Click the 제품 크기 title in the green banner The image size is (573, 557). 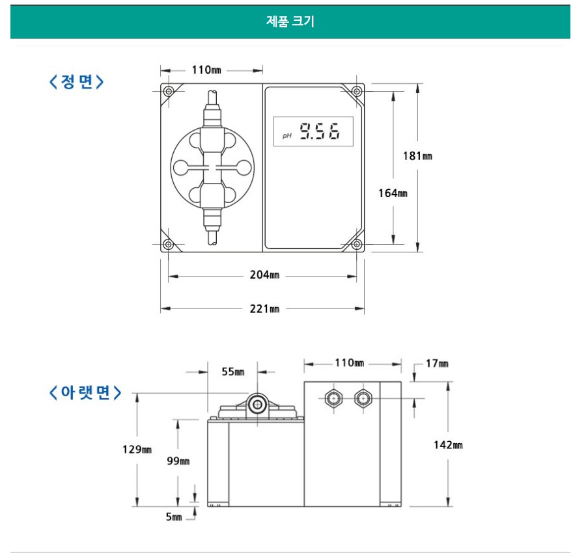click(x=290, y=21)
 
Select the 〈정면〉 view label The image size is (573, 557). click(x=76, y=81)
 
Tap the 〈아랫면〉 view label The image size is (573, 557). click(x=85, y=392)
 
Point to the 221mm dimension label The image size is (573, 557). click(x=264, y=309)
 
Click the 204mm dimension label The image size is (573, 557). click(x=264, y=275)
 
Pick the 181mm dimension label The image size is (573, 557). click(x=417, y=156)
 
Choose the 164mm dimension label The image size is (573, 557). click(x=393, y=193)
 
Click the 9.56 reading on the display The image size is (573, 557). click(x=320, y=131)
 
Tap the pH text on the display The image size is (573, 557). click(x=287, y=136)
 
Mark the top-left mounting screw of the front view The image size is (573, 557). click(x=168, y=91)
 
